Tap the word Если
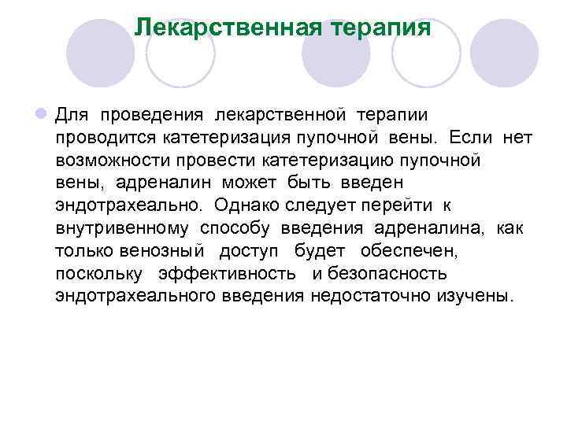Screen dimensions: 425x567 point(471,138)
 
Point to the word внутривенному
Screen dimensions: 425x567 point(122,228)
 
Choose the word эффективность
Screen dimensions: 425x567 point(227,274)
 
